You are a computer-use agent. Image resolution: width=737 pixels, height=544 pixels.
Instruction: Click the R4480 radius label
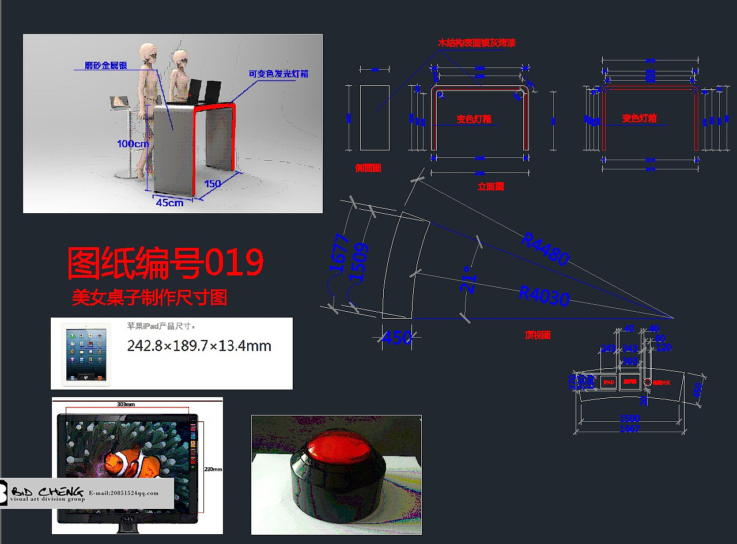(x=545, y=249)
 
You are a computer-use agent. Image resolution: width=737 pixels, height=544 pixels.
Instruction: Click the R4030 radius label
(x=544, y=295)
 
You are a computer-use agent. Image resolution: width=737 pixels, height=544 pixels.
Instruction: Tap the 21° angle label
(x=470, y=280)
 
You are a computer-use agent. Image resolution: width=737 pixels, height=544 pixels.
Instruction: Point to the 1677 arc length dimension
(x=338, y=252)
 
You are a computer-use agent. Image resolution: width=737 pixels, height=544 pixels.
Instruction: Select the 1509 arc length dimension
(x=359, y=262)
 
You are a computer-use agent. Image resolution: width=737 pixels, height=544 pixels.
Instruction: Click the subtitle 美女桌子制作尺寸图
(x=149, y=297)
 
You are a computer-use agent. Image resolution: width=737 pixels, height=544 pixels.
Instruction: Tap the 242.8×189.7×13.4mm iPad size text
(x=199, y=346)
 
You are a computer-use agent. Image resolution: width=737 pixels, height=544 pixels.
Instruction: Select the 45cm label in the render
(x=169, y=202)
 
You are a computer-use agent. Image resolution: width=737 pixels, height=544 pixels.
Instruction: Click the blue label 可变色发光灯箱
(x=278, y=74)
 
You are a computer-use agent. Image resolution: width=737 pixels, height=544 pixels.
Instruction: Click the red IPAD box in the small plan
(x=608, y=382)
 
